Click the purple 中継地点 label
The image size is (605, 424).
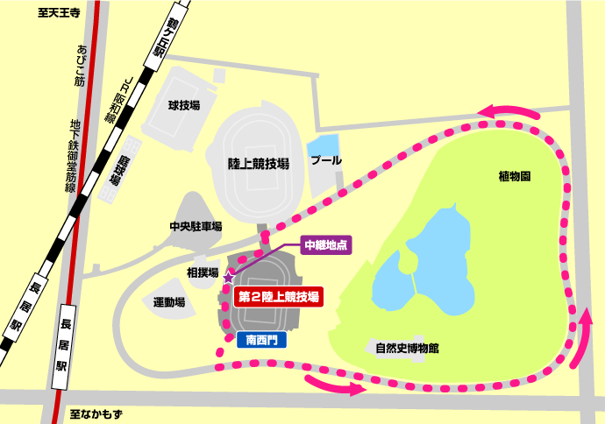325,245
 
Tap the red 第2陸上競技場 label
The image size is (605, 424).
279,297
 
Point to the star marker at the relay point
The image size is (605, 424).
230,277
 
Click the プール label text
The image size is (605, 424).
326,161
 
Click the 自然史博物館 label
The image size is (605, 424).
407,348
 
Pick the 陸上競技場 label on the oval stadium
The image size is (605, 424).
259,164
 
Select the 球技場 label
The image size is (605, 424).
184,105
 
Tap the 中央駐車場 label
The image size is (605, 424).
196,226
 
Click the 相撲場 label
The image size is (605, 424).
202,272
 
